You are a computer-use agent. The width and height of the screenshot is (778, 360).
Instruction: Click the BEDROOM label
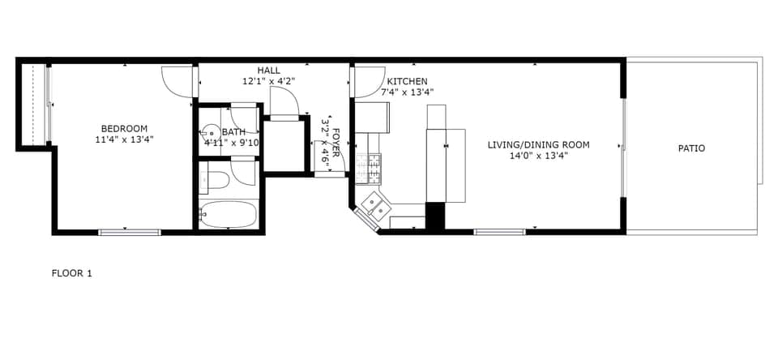click(x=124, y=128)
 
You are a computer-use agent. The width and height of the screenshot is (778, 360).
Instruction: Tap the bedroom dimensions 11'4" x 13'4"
click(x=124, y=139)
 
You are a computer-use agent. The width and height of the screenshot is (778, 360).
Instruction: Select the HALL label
click(x=269, y=71)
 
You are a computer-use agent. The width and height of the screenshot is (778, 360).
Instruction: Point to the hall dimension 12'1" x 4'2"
click(x=269, y=81)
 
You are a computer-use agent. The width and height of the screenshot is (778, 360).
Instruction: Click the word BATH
click(x=233, y=132)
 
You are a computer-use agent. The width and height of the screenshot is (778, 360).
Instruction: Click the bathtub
click(x=229, y=216)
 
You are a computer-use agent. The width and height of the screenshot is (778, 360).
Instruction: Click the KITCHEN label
click(x=407, y=82)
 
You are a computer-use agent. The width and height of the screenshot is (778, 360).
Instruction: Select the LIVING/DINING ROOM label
click(x=538, y=145)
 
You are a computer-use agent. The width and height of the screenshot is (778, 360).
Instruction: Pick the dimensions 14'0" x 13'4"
click(x=538, y=156)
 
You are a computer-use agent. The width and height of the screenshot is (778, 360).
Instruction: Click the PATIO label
click(x=691, y=148)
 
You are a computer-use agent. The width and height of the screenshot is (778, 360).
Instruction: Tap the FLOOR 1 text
click(x=72, y=273)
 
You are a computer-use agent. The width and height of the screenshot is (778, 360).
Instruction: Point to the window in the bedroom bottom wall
click(x=130, y=233)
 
